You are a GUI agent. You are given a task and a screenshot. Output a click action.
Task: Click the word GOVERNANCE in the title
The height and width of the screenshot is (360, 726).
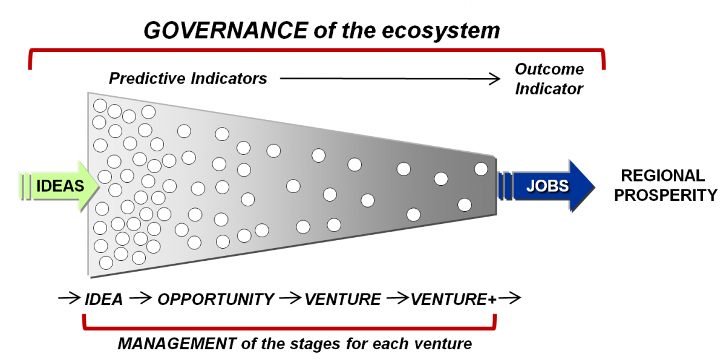pos(226,30)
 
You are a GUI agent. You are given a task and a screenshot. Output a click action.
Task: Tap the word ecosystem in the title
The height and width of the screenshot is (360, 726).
pos(441,31)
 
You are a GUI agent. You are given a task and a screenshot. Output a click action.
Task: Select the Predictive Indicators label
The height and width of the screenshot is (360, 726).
pos(188,79)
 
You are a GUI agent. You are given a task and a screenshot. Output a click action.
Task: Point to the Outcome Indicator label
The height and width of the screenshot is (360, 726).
pos(549,79)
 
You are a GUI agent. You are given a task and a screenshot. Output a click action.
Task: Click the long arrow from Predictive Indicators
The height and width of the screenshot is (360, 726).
pos(390,79)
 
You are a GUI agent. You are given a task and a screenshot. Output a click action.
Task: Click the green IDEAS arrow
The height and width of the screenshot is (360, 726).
pos(59,186)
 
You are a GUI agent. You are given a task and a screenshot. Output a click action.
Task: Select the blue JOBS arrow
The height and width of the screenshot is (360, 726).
pos(546,186)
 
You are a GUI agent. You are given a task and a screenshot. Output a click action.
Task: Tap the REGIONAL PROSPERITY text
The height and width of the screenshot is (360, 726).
pos(665,185)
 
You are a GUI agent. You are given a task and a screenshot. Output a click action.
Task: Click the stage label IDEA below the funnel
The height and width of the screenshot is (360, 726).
pos(103,299)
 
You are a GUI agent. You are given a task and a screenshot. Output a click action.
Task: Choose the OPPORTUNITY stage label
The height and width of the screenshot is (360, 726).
pos(216,299)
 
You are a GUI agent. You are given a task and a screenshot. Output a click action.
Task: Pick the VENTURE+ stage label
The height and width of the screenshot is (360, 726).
pos(453,299)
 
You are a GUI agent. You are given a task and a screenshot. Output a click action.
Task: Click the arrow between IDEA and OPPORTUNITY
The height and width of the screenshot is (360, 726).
pos(140,298)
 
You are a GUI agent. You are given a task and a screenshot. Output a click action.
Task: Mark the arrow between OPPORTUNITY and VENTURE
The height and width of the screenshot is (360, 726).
pos(290,298)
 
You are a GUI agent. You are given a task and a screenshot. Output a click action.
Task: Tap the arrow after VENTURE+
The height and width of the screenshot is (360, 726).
pos(509,298)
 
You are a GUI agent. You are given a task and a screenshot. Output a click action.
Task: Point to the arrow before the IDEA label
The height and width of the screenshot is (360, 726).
pos(70,298)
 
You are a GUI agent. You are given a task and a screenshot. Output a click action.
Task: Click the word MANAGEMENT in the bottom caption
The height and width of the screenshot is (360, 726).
pos(177,344)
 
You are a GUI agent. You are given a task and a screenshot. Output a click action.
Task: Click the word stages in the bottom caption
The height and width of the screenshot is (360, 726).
pos(315,344)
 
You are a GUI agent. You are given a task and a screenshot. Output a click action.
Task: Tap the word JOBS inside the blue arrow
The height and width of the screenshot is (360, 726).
pos(548,186)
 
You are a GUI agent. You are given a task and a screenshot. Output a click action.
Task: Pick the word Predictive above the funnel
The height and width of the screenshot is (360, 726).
pos(147,79)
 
